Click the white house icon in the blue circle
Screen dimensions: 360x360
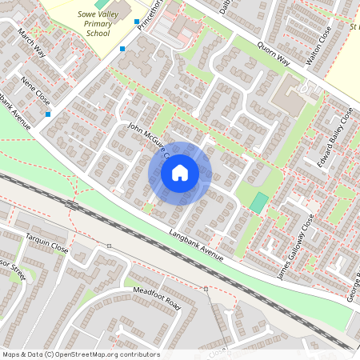point(180,172)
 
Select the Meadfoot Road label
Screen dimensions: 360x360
point(158,298)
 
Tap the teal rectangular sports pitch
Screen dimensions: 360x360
point(258,202)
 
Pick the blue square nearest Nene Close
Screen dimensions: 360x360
point(49,114)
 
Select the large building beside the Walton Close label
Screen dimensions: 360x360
point(290,96)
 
